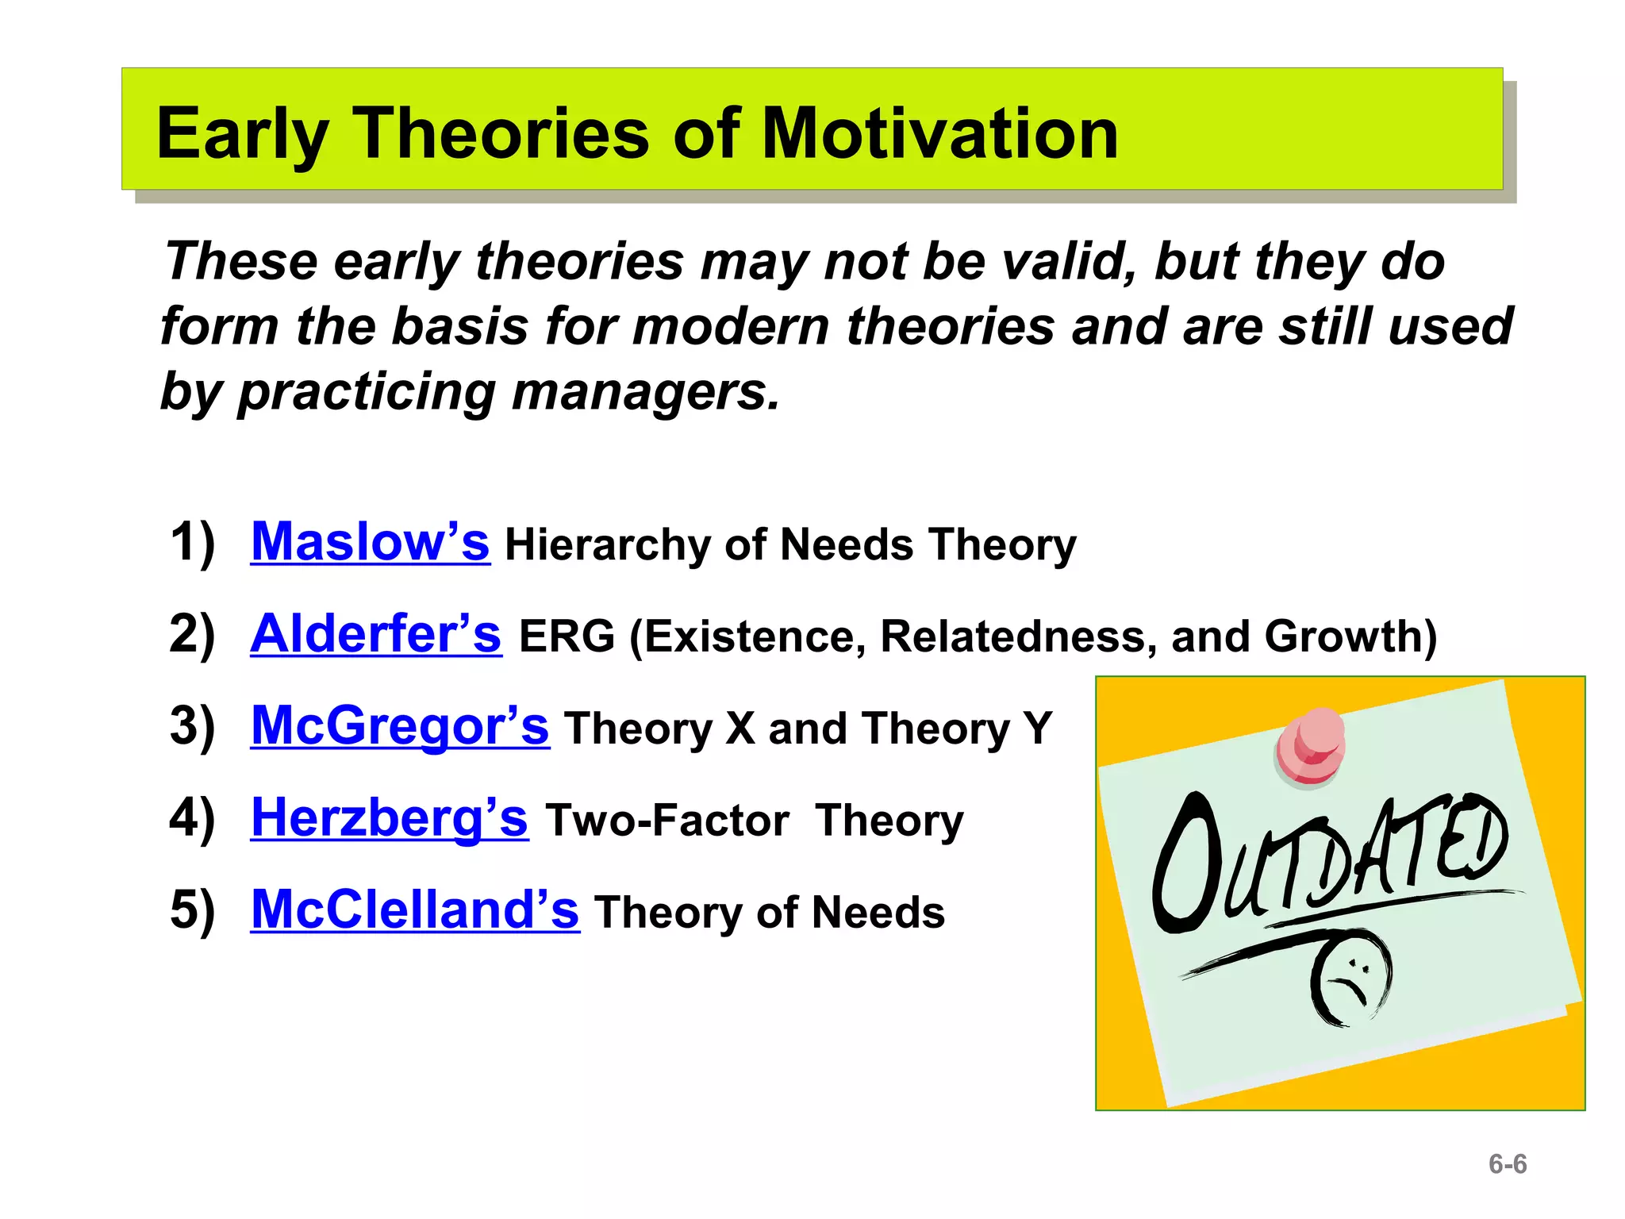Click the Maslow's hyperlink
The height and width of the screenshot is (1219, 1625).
pyautogui.click(x=370, y=542)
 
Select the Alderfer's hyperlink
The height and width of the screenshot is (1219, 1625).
pyautogui.click(x=375, y=634)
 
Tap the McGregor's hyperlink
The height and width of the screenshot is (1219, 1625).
pyautogui.click(x=399, y=726)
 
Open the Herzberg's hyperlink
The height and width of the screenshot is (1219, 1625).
pyautogui.click(x=389, y=818)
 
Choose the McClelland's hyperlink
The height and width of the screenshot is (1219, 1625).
pyautogui.click(x=414, y=910)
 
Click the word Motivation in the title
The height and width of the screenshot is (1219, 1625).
pyautogui.click(x=939, y=133)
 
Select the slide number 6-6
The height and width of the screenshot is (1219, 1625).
pyautogui.click(x=1507, y=1164)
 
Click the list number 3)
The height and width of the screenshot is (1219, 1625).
pyautogui.click(x=192, y=726)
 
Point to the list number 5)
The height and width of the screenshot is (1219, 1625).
pyautogui.click(x=192, y=910)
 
